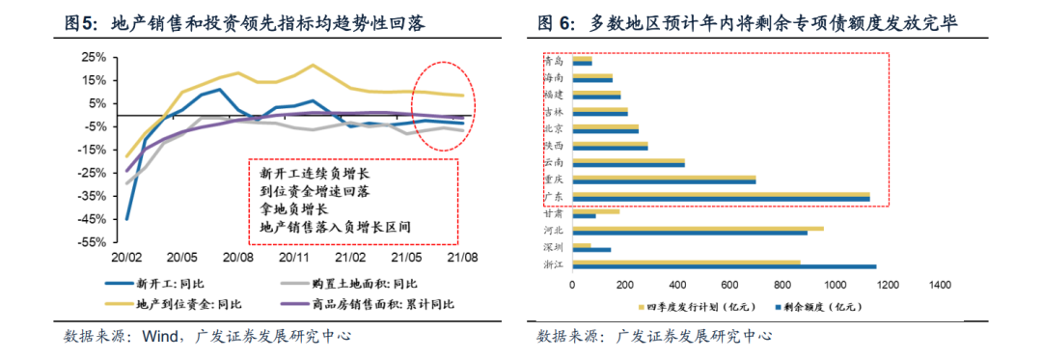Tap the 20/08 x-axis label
pyautogui.click(x=237, y=259)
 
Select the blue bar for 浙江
pyautogui.click(x=724, y=266)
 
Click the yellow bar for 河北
pyautogui.click(x=698, y=229)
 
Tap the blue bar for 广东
pyautogui.click(x=721, y=199)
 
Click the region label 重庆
pyautogui.click(x=556, y=179)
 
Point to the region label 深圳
pyautogui.click(x=556, y=246)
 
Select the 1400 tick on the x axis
pyautogui.click(x=940, y=285)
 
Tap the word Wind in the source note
pyautogui.click(x=161, y=337)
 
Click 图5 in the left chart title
pyautogui.click(x=80, y=21)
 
